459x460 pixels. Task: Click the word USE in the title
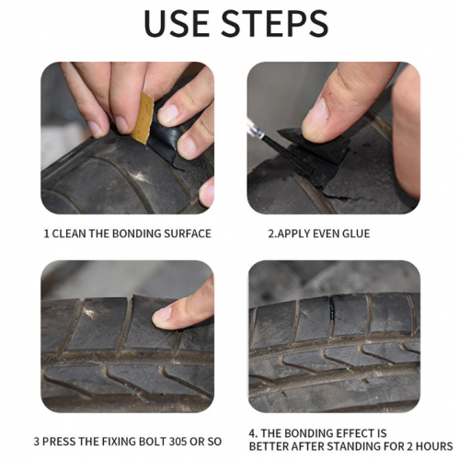(x=178, y=24)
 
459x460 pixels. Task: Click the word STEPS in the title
(x=274, y=24)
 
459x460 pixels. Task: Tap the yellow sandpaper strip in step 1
(x=143, y=119)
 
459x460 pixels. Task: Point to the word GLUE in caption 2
(x=356, y=234)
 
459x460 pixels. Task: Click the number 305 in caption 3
(x=178, y=442)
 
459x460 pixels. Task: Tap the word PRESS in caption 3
(x=59, y=442)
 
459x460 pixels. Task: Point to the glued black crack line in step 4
(x=331, y=310)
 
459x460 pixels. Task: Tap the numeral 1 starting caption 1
(x=46, y=234)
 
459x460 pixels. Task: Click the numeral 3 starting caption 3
(x=37, y=442)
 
